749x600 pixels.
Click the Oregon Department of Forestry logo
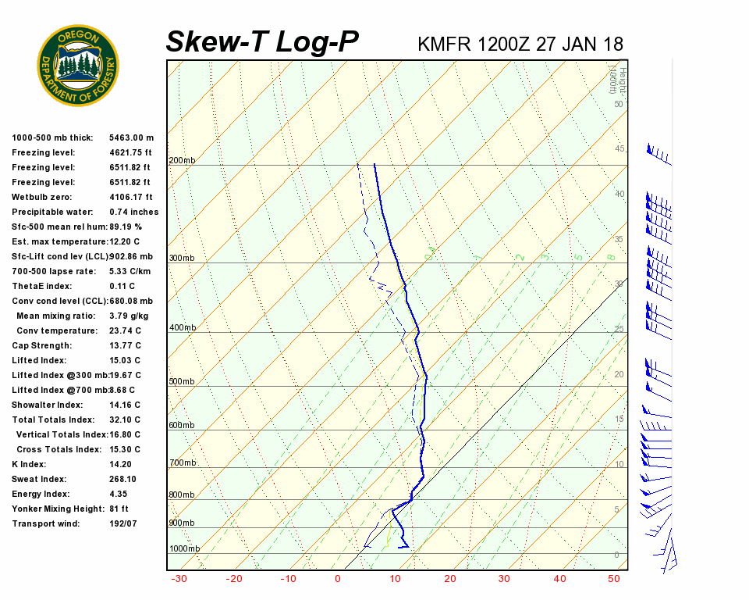78,65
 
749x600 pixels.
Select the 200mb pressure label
182,161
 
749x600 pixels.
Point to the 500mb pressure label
182,382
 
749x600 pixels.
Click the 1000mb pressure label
184,549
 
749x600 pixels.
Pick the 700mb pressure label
182,463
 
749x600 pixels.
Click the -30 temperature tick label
179,579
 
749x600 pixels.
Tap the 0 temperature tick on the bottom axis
338,579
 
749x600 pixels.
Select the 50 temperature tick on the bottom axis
614,579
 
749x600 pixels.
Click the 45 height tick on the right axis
619,149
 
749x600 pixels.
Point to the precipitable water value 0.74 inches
133,212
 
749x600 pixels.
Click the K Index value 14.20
122,464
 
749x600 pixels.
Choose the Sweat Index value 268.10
123,479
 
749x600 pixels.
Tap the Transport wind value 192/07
123,523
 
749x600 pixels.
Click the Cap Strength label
41,345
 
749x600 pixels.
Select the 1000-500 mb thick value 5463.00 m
131,137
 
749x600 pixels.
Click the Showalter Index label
47,405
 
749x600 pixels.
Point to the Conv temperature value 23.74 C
125,330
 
